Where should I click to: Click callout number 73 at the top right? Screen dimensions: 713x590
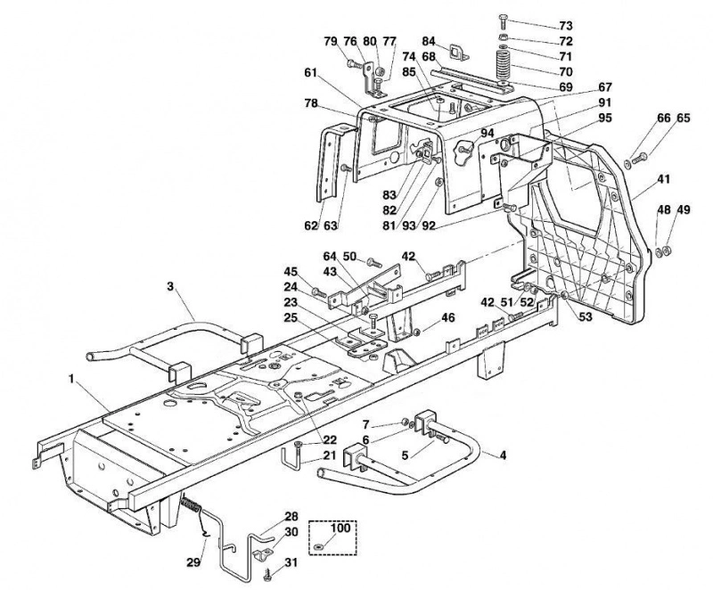pos(566,26)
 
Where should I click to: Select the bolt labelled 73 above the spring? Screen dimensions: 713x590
pos(503,21)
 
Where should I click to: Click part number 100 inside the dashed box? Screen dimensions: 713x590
pos(340,529)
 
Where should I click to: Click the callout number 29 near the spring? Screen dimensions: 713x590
pos(193,562)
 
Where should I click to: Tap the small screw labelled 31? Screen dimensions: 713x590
pos(266,576)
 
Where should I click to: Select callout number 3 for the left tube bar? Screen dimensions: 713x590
pos(170,286)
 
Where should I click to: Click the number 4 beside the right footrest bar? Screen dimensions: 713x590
pos(503,455)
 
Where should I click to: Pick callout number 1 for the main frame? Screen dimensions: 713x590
pos(71,379)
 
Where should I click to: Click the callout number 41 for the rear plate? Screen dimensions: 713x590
pos(663,179)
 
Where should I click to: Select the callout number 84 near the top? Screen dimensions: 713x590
pos(429,41)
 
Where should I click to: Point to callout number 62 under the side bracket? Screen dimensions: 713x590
pos(311,225)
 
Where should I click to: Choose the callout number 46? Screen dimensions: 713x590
pos(448,317)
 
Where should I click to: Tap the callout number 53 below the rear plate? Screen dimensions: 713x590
pos(586,316)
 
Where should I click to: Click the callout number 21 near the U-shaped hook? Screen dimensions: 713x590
pos(329,455)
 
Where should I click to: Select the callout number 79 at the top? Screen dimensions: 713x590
pos(331,41)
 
